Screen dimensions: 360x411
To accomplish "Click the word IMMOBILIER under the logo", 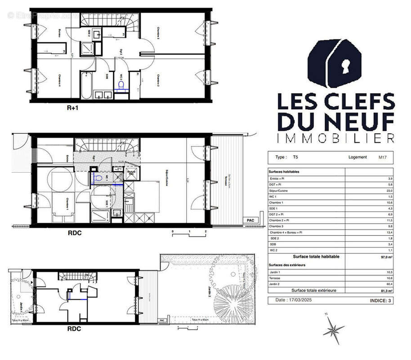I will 335,138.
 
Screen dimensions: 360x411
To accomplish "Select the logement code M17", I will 376,157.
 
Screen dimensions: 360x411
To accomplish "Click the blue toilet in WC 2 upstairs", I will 121,85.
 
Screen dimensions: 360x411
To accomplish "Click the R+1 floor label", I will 73,108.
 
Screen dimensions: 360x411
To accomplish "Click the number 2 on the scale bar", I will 205,231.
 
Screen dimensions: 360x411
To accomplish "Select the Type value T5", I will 295,157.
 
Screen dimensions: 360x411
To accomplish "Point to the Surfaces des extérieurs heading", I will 287,265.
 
